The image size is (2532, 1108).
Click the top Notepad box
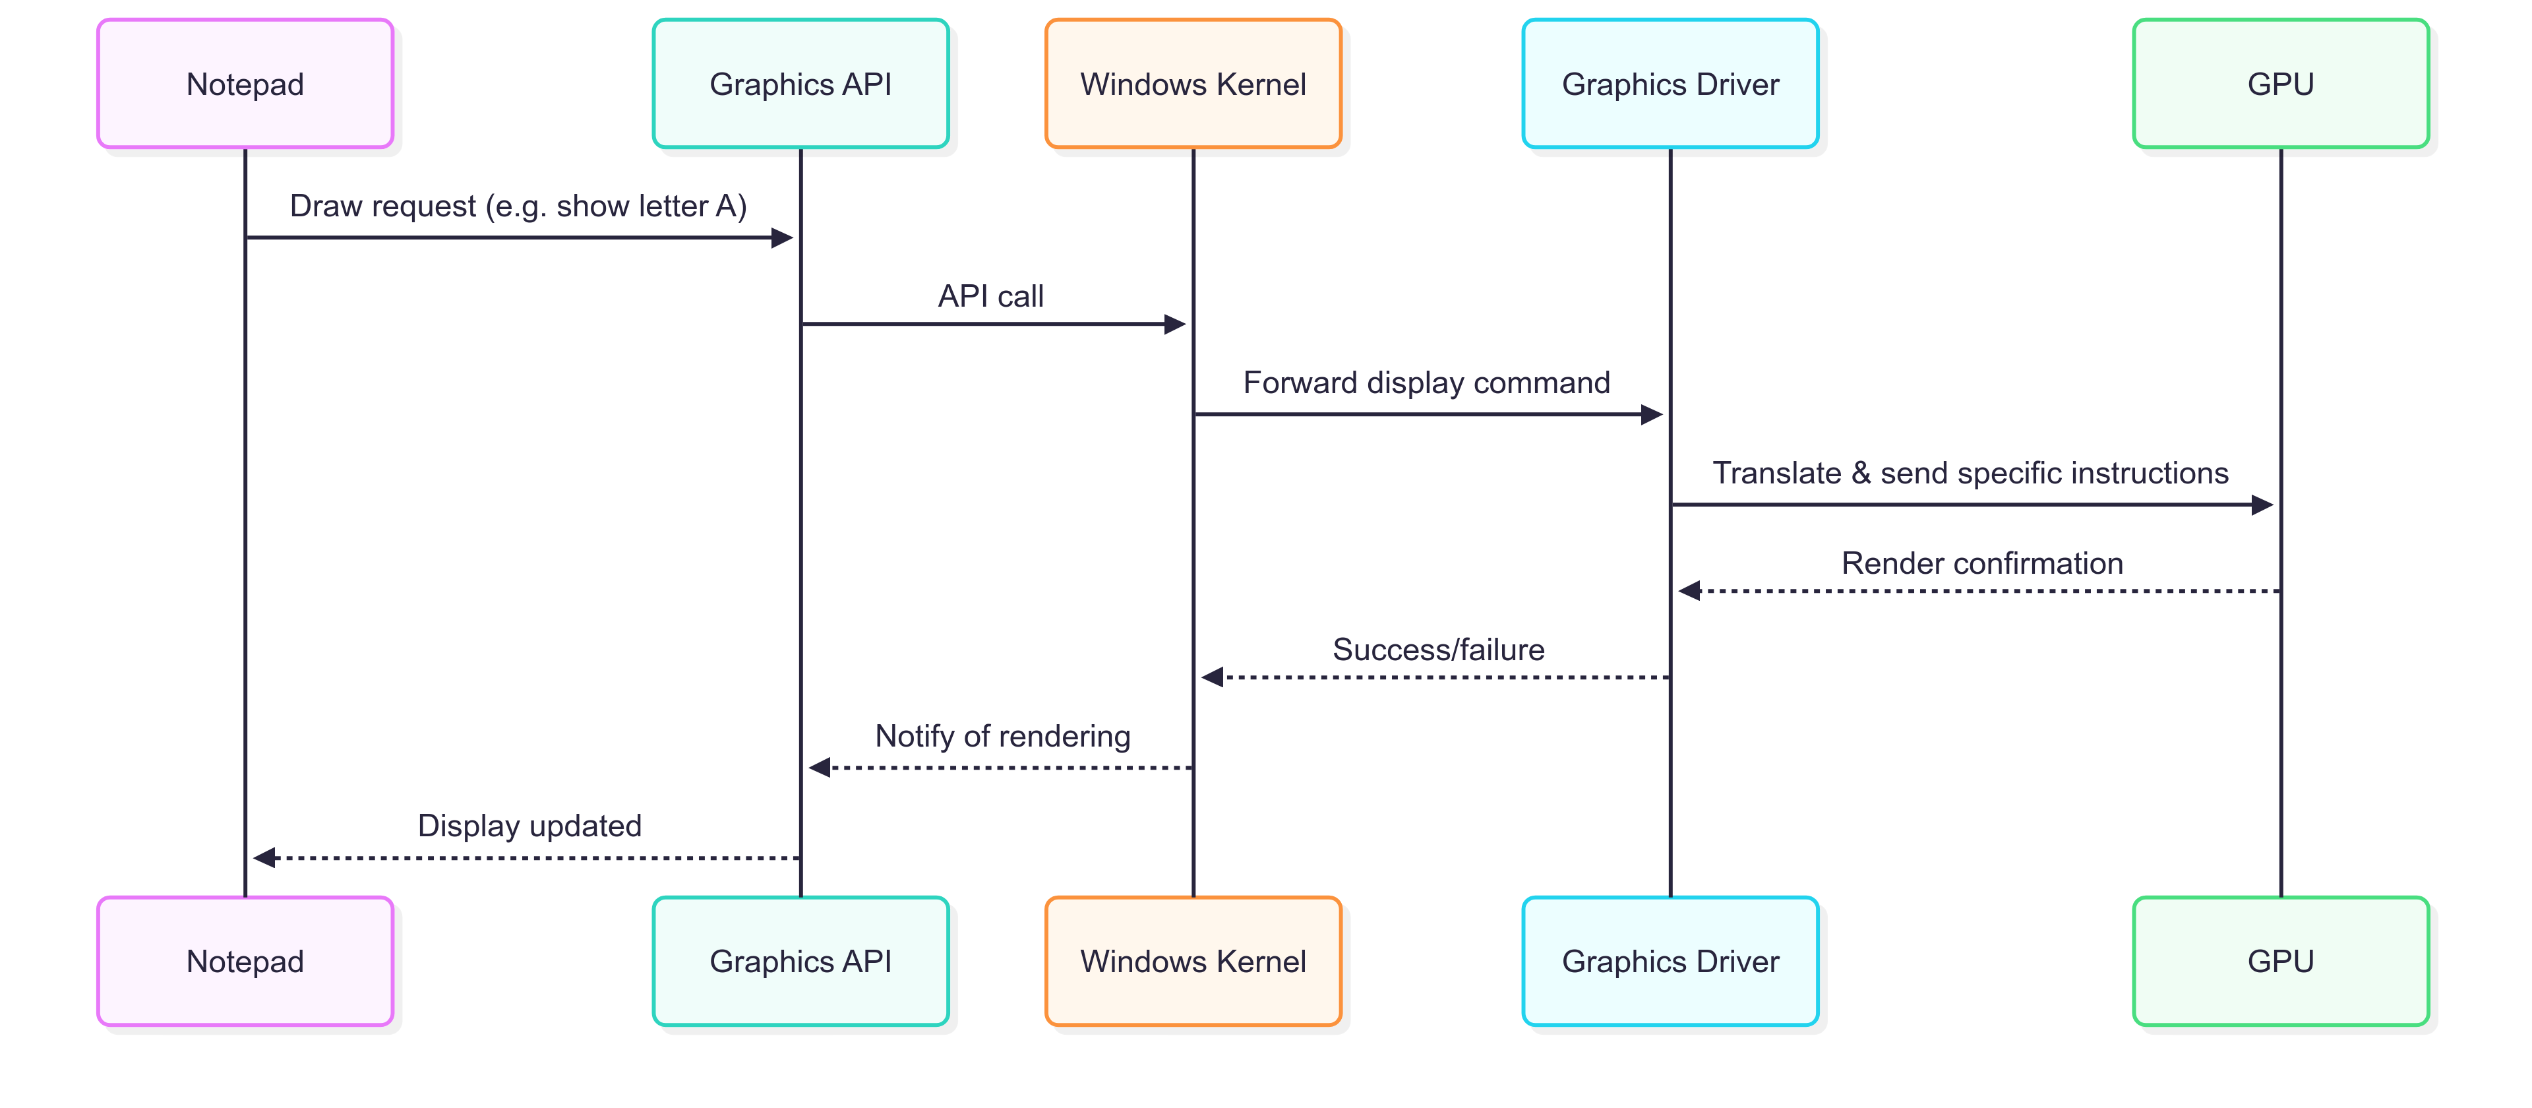pos(245,84)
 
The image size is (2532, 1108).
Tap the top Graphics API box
pos(800,84)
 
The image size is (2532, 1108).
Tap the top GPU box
pos(2279,84)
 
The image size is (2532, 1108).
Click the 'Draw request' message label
pos(518,206)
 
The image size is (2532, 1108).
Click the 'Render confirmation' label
pos(1981,563)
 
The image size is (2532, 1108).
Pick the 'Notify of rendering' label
pos(1002,737)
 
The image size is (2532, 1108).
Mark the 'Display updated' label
pos(529,826)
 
